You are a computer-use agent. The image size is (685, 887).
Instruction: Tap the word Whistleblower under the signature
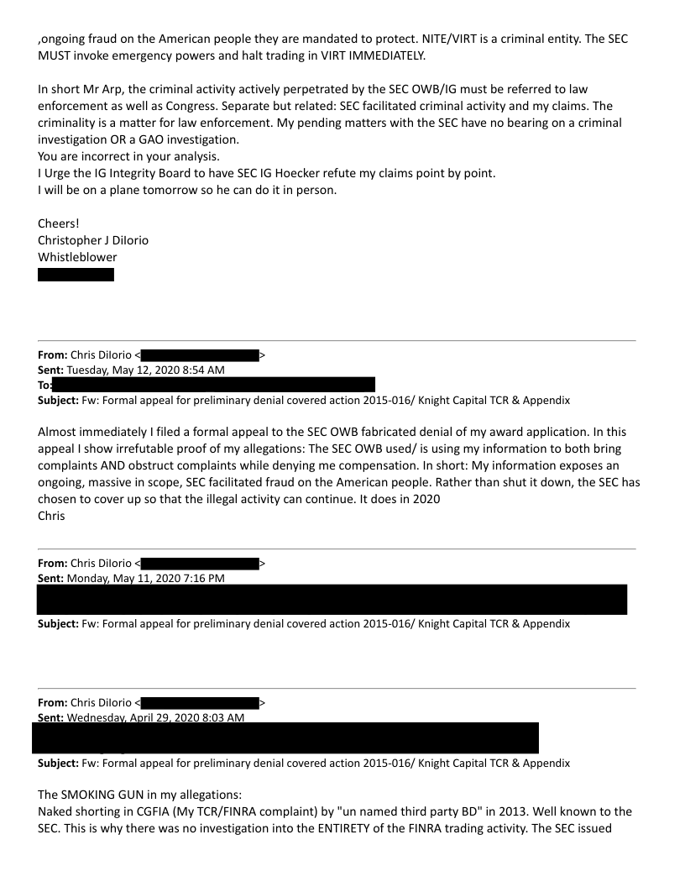tap(77, 257)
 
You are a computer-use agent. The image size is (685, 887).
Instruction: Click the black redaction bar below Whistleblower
tap(76, 275)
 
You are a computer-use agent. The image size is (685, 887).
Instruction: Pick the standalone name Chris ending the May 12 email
tap(51, 516)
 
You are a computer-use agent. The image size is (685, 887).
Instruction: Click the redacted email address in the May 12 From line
tap(200, 355)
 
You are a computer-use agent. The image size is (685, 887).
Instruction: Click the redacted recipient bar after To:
tap(213, 385)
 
